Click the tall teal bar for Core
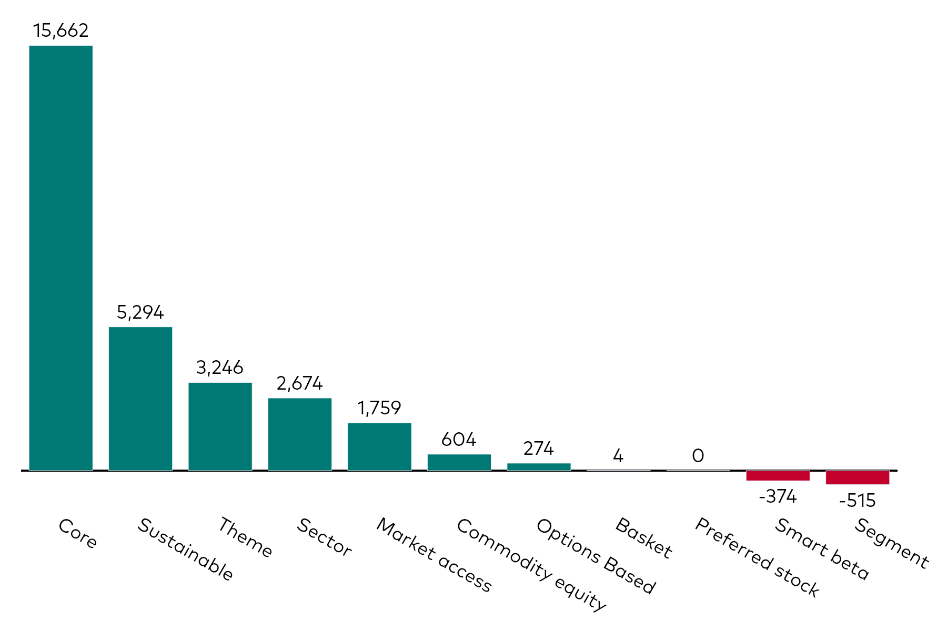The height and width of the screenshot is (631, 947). (x=61, y=258)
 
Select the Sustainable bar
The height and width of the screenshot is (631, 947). (x=140, y=399)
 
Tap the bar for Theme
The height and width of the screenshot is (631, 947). (x=220, y=426)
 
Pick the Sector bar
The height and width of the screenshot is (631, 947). (x=300, y=434)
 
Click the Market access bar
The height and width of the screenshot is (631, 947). (x=379, y=446)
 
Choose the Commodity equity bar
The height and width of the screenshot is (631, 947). (x=459, y=462)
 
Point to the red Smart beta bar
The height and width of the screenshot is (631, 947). (x=778, y=475)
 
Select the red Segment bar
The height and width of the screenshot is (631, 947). (x=858, y=477)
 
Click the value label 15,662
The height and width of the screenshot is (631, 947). (x=61, y=30)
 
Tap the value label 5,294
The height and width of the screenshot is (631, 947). (x=140, y=312)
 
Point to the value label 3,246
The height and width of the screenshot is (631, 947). (x=219, y=368)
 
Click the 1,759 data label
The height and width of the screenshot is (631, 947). (x=379, y=408)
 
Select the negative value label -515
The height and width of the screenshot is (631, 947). (x=857, y=501)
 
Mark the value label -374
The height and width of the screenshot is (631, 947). (x=778, y=496)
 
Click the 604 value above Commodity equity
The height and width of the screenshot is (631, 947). (x=459, y=439)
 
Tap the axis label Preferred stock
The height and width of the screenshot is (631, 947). (x=757, y=557)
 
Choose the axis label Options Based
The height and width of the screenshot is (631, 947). (x=596, y=556)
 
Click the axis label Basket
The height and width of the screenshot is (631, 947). (x=643, y=538)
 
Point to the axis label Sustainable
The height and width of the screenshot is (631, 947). (x=185, y=549)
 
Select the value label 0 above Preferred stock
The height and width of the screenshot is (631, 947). (x=698, y=455)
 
